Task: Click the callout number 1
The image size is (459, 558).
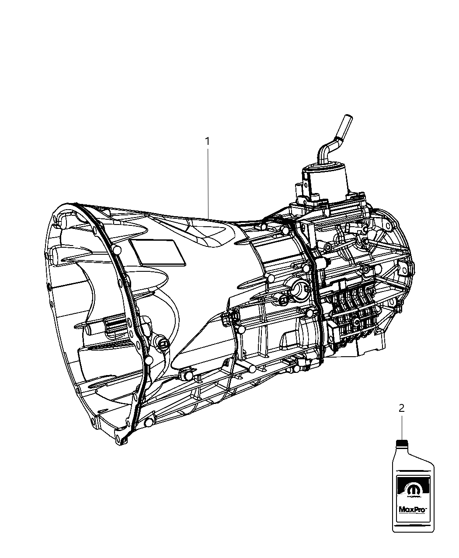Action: [x=208, y=141]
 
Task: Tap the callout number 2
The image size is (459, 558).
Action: [x=401, y=408]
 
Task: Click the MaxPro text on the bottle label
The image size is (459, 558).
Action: [x=412, y=509]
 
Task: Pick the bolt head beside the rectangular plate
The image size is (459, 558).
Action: [x=117, y=250]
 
